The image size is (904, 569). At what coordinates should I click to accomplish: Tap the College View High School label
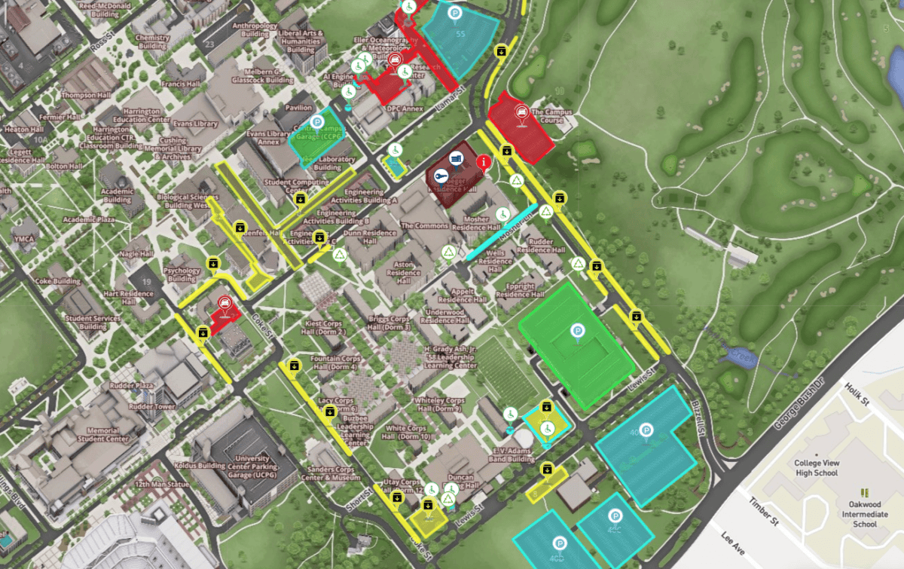point(816,468)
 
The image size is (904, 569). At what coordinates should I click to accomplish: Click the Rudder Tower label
point(155,406)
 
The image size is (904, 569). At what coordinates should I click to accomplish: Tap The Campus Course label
point(552,116)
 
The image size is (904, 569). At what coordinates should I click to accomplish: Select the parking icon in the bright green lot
point(578,331)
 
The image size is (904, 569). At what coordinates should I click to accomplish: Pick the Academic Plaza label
point(89,219)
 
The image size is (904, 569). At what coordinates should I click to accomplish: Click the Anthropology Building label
point(250,29)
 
